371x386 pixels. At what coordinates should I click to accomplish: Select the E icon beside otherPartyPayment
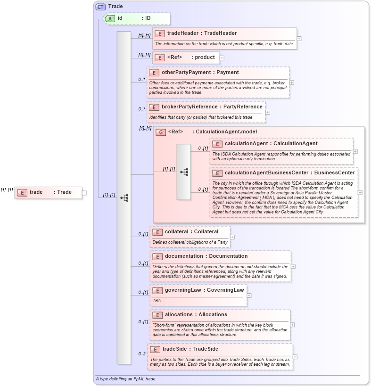point(154,73)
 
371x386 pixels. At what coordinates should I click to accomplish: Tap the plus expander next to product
point(222,58)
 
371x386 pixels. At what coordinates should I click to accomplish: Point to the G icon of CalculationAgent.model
point(160,132)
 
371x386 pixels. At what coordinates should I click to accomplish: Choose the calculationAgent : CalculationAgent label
point(271,144)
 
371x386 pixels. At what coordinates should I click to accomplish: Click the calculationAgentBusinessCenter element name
point(289,173)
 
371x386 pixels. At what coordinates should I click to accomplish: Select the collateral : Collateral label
point(191,232)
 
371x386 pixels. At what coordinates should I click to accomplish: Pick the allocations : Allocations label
point(196,315)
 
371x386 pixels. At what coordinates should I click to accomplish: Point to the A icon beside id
point(110,18)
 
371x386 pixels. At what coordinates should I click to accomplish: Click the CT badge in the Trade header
point(100,7)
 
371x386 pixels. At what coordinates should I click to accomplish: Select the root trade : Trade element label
point(50,192)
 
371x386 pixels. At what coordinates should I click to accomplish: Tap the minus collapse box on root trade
point(84,192)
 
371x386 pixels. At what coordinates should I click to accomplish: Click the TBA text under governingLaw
point(157,300)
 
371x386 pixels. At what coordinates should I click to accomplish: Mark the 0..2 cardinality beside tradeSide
point(141,353)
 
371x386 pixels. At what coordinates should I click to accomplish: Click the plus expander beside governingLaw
point(249,296)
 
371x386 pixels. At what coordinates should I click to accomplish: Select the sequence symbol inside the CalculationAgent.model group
point(184,172)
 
